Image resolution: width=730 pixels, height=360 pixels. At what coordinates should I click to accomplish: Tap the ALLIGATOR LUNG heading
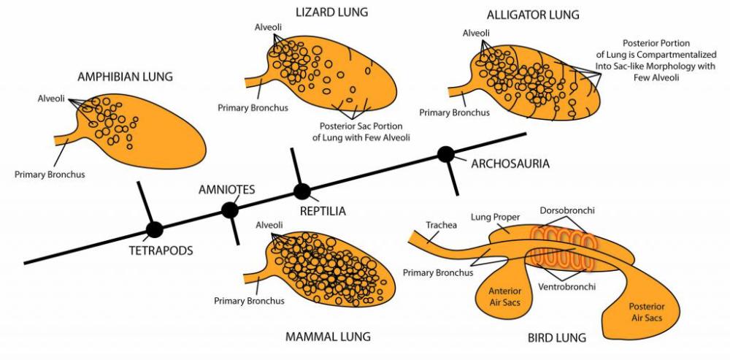coord(523,15)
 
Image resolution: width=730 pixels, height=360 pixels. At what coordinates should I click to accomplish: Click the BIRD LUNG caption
coord(557,338)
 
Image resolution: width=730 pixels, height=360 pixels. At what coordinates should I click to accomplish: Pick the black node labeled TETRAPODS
coord(154,230)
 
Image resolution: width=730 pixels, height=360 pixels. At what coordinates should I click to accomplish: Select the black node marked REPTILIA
coord(302,191)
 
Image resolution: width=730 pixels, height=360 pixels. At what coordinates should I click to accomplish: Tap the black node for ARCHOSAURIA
coord(446,154)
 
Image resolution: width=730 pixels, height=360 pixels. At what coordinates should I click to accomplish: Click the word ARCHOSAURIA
coord(510,164)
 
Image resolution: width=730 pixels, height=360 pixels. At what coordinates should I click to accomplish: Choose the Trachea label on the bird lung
coord(442,225)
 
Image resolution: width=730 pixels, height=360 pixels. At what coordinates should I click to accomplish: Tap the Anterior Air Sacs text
coord(505,296)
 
